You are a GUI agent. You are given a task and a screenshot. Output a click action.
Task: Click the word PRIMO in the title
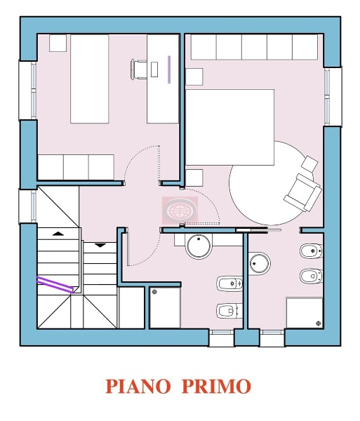pyautogui.click(x=218, y=386)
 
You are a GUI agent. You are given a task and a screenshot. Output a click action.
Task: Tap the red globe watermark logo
pyautogui.click(x=181, y=209)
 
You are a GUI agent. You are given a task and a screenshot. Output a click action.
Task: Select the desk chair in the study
pyautogui.click(x=140, y=69)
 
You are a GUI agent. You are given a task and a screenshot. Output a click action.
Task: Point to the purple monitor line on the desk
pyautogui.click(x=169, y=69)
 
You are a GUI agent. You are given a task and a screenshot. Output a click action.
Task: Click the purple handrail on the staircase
pyautogui.click(x=55, y=283)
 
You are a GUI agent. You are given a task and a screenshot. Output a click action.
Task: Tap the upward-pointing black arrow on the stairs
pyautogui.click(x=57, y=232)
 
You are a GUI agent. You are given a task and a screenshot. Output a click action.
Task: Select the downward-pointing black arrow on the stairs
pyautogui.click(x=100, y=246)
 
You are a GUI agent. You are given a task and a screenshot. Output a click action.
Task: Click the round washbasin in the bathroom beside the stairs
pyautogui.click(x=199, y=247)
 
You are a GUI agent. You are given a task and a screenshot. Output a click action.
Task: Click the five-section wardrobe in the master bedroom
pyautogui.click(x=254, y=47)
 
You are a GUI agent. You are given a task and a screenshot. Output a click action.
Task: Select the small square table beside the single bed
pyautogui.click(x=58, y=42)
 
